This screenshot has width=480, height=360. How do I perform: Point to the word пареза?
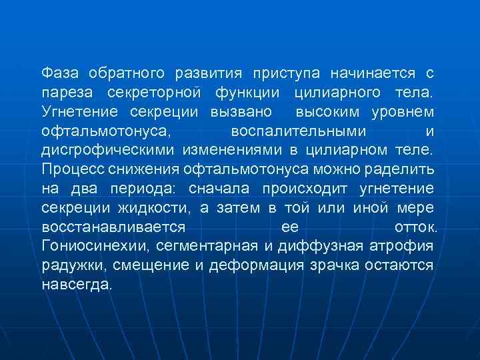tap(64, 90)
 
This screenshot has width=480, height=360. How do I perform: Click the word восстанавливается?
tap(108, 227)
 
